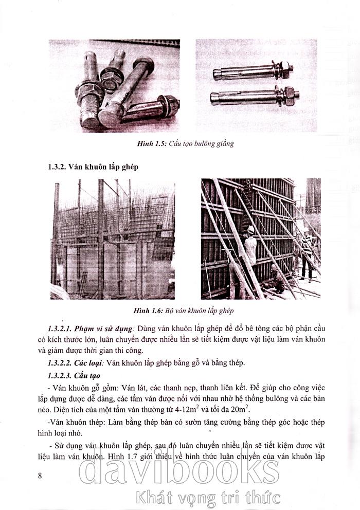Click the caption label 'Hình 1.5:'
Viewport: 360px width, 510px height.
[152, 143]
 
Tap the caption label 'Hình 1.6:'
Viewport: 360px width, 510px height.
[148, 311]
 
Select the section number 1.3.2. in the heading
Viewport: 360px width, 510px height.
[57, 167]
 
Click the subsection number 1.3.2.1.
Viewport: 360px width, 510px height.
[59, 328]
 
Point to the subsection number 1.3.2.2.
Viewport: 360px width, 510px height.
[59, 362]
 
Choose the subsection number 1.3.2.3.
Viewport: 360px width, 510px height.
[59, 376]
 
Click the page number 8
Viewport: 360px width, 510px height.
[40, 476]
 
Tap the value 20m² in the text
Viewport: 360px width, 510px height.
[241, 409]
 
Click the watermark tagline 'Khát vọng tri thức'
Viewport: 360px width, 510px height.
[208, 498]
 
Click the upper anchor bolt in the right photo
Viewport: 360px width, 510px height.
[253, 71]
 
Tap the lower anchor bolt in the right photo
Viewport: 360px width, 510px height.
[255, 96]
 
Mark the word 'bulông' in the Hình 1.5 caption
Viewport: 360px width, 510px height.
[205, 143]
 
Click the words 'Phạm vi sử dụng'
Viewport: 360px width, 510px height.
[103, 328]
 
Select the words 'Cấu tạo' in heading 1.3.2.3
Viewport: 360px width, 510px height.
[87, 376]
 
